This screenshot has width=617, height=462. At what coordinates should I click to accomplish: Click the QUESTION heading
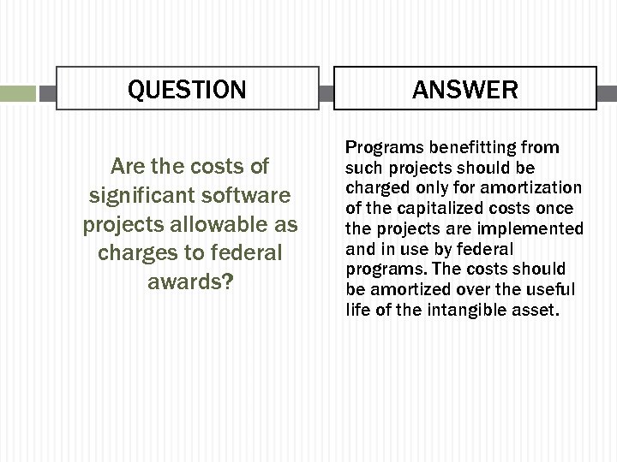(x=187, y=89)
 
